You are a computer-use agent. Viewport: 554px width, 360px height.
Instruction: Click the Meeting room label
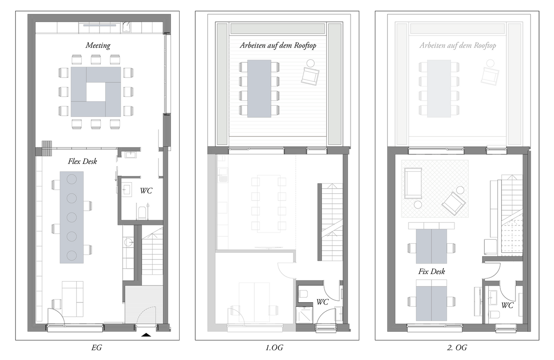(98, 45)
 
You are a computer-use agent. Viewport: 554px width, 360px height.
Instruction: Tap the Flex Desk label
(82, 162)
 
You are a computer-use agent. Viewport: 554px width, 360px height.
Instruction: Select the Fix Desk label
(432, 272)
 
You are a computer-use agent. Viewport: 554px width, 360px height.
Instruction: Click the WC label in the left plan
(146, 190)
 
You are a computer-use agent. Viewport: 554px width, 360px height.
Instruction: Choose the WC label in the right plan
(507, 305)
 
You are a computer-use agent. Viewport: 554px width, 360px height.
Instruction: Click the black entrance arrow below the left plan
(146, 334)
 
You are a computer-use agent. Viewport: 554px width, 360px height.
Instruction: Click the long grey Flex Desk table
(71, 217)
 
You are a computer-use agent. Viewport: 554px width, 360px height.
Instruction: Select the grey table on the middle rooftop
(259, 88)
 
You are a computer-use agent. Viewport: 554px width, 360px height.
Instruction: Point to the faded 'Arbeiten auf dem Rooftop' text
(457, 45)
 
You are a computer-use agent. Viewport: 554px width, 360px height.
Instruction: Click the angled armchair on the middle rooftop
(310, 75)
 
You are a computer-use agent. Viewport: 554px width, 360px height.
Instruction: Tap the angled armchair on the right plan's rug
(454, 202)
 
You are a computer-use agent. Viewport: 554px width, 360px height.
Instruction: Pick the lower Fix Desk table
(431, 300)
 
